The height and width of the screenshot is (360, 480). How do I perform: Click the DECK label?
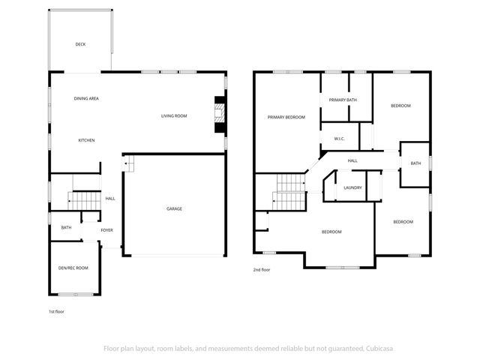coord(80,44)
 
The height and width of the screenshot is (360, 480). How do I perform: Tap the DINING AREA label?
coord(86,98)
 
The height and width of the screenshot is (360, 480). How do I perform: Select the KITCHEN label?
coord(86,140)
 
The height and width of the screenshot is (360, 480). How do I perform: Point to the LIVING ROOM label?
coord(174,115)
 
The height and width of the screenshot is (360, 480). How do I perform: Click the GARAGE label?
coord(174,208)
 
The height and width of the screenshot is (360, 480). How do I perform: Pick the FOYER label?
coord(106,229)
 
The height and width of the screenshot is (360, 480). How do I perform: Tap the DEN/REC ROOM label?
coord(73,268)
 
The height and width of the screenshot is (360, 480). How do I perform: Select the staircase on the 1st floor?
coord(84,200)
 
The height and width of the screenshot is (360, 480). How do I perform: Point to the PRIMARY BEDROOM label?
coord(286,117)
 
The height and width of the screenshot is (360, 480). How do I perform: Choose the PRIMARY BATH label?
coord(342,100)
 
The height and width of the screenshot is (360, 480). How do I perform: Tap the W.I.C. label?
coord(338,139)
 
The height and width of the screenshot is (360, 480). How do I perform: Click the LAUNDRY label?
coord(352,187)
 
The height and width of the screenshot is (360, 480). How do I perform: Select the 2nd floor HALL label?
coord(352,160)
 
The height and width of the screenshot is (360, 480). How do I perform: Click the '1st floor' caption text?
coord(56,310)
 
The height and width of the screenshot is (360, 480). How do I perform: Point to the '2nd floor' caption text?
coord(261,269)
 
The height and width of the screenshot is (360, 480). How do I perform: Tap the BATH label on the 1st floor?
coord(66,227)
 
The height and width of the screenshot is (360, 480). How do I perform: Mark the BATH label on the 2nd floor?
coord(415,163)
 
